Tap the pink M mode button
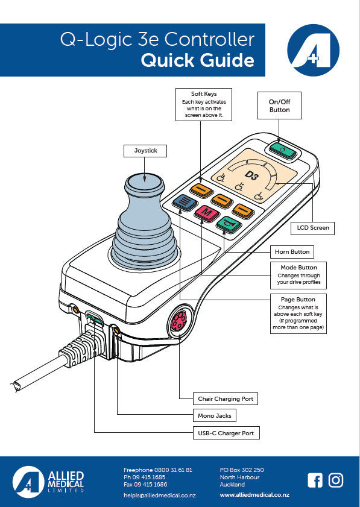pos(207,213)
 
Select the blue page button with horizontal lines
pos(185,203)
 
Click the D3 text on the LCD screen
pos(251,175)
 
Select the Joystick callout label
pos(145,151)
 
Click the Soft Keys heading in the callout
pos(204,94)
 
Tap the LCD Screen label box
pos(313,228)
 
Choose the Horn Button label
pos(292,252)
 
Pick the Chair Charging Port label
pos(226,399)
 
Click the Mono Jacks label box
pos(215,416)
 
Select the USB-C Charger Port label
pos(226,433)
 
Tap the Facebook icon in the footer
pos(315,480)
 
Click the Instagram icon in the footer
pos(336,480)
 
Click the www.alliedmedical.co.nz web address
pos(254,495)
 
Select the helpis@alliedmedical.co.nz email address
pos(160,495)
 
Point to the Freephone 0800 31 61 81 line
pos(158,470)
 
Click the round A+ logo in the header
pos(313,50)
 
